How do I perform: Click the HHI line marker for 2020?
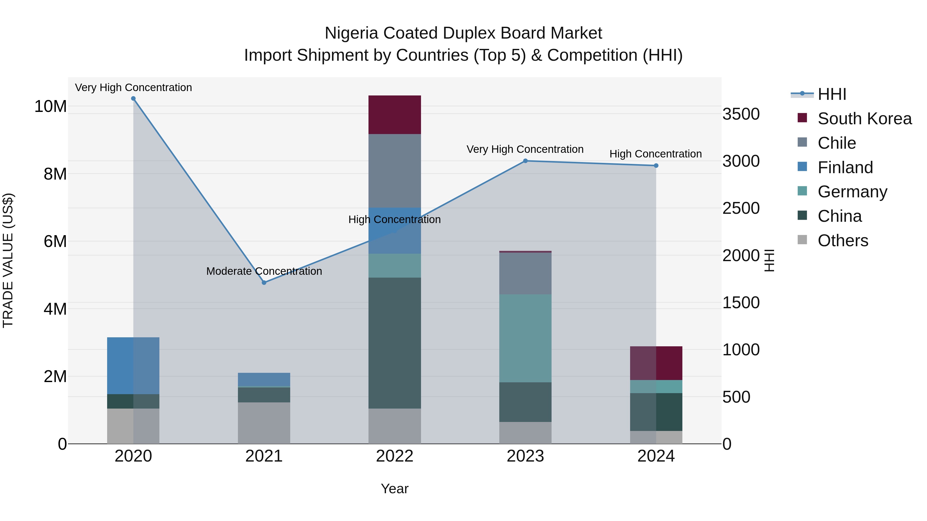click(x=133, y=99)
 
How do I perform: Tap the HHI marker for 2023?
click(x=525, y=161)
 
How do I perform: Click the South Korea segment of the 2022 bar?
click(x=394, y=115)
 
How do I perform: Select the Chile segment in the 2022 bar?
click(x=394, y=171)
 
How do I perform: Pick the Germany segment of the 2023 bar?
click(x=525, y=338)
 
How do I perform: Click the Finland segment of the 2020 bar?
click(x=133, y=365)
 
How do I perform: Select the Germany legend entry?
click(x=852, y=192)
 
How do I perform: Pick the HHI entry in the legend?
click(x=831, y=94)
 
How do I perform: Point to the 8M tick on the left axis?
click(x=55, y=174)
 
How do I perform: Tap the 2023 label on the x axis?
click(x=525, y=456)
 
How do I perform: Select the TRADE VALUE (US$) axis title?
click(x=8, y=260)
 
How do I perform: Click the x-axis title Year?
click(x=394, y=489)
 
